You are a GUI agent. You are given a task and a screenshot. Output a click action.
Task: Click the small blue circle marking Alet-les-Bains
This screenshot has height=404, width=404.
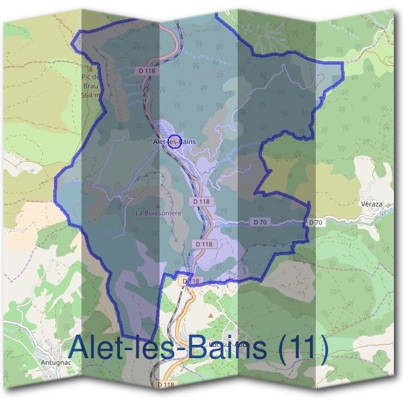(x=170, y=141)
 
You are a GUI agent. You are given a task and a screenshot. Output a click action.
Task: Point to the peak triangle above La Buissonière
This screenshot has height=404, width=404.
(x=158, y=205)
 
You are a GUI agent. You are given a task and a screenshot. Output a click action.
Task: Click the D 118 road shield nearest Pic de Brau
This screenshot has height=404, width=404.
(x=145, y=70)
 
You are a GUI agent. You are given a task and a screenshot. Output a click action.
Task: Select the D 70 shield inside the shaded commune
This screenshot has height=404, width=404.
(x=261, y=222)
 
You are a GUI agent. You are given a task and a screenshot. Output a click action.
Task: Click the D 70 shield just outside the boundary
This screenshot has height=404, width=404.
(x=316, y=222)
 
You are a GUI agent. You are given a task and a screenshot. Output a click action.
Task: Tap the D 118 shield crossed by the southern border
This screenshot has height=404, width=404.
(x=191, y=280)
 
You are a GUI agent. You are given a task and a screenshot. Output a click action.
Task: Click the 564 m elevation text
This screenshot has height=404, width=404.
(x=90, y=96)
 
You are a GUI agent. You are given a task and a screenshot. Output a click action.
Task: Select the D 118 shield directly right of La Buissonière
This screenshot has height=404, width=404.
(x=201, y=201)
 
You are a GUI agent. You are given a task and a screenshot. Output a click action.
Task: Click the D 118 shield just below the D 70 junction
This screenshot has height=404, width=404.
(x=203, y=243)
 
